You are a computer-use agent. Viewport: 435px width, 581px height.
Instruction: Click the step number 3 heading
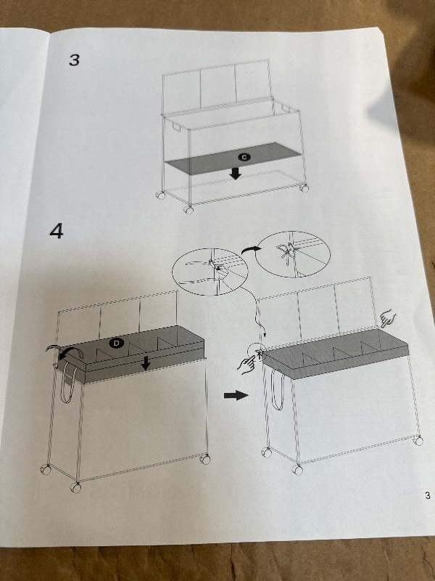(75, 60)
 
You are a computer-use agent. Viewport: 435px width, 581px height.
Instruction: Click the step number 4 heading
(57, 231)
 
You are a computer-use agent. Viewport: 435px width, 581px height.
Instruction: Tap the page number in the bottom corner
(428, 495)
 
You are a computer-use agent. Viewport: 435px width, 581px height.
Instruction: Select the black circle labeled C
(244, 157)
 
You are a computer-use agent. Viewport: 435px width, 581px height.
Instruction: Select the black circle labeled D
(116, 343)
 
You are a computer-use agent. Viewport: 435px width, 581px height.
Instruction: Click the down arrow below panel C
(235, 173)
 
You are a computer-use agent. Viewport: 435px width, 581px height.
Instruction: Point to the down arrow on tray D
(146, 363)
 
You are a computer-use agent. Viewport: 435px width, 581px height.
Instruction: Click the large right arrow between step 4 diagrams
(236, 395)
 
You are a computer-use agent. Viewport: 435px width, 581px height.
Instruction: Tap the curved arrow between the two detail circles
(251, 250)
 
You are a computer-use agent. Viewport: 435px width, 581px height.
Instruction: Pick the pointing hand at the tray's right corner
(387, 320)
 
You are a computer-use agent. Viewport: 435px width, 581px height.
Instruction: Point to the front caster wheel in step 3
(188, 210)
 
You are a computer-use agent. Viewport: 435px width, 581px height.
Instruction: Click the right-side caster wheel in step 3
(304, 188)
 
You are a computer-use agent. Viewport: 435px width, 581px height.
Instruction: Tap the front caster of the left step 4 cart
(75, 487)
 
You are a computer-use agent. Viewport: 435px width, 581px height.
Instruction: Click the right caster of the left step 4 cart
(205, 459)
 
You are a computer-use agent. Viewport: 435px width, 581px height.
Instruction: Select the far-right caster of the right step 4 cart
(418, 440)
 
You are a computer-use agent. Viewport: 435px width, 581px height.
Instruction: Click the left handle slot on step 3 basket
(176, 126)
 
